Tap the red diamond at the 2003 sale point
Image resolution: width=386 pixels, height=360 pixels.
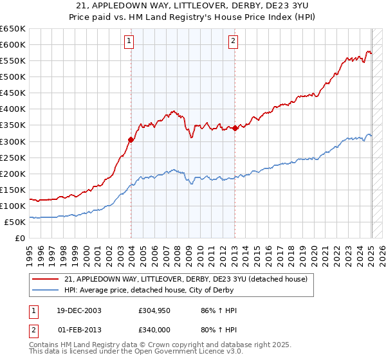(131, 139)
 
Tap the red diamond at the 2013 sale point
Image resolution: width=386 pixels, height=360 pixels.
(235, 128)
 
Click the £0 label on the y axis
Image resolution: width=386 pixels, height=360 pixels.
(19, 238)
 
